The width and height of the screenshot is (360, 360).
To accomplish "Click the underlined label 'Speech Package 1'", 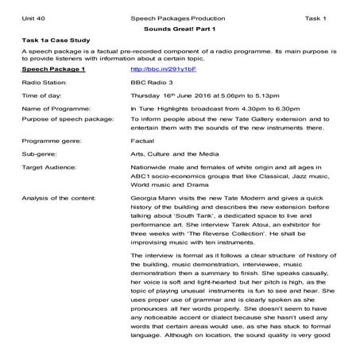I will click(x=53, y=69).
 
